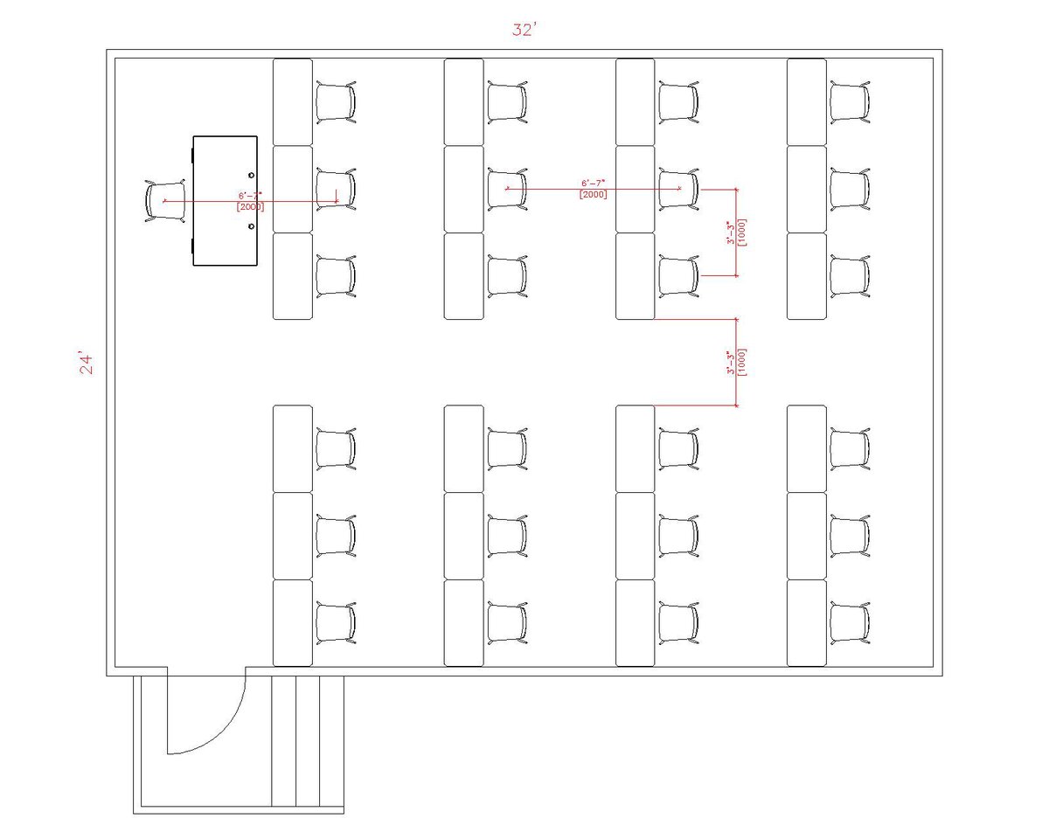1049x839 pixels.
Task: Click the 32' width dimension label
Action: coord(524,30)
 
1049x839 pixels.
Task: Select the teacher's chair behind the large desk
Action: coord(165,200)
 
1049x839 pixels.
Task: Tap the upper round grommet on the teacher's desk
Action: coord(251,175)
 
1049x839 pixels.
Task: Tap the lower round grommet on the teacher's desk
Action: coord(251,226)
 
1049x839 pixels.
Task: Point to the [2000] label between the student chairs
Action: coord(594,194)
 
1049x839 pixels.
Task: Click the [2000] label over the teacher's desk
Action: coord(251,207)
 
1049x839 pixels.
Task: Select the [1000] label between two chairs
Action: coord(742,232)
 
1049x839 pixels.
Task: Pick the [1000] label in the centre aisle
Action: coord(742,362)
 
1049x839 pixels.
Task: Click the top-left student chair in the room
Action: coord(336,102)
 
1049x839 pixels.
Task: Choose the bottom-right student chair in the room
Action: coord(850,623)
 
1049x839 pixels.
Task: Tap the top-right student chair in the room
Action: coord(850,102)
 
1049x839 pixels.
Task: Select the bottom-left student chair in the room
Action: coord(336,623)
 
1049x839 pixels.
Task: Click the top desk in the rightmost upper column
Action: coord(807,102)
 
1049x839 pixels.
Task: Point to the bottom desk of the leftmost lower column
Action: coord(293,623)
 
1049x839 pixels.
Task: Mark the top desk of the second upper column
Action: coord(463,102)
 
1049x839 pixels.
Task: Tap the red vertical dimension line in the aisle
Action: coord(737,362)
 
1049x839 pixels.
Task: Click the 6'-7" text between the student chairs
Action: coord(594,184)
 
